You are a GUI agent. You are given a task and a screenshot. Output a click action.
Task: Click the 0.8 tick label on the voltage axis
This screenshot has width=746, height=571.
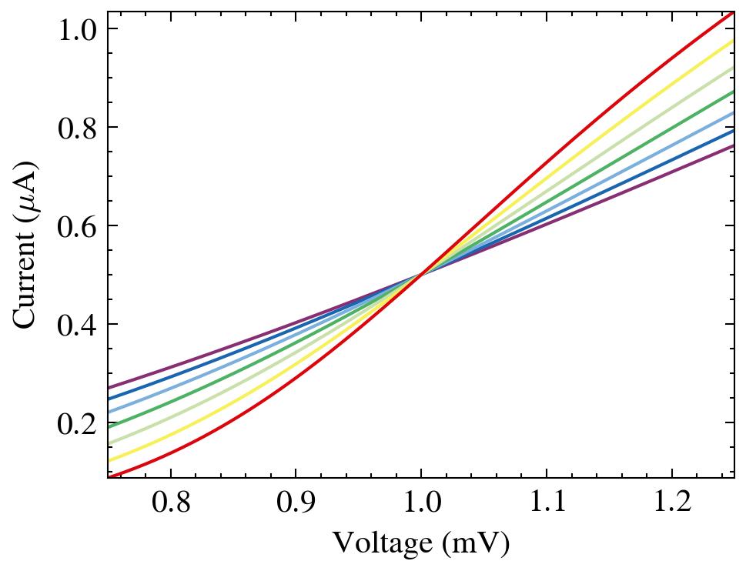pos(170,503)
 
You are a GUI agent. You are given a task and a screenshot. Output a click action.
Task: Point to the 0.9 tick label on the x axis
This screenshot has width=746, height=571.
pos(296,503)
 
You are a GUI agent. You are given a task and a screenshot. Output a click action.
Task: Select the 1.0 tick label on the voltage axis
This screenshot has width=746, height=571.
pos(421,503)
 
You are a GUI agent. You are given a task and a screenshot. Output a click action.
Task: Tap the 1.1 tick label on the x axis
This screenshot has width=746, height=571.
pos(547,503)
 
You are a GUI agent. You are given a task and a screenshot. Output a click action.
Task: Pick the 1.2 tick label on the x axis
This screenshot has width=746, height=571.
pos(672,503)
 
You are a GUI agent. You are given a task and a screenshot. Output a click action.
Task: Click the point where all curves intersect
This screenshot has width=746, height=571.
pos(421,275)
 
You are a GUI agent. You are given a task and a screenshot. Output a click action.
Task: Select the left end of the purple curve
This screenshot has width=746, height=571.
pos(109,387)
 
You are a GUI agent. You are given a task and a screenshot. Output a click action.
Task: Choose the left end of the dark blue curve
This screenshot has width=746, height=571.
pos(109,399)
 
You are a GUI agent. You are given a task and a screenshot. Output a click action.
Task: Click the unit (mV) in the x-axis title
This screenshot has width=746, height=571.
pos(475,544)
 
